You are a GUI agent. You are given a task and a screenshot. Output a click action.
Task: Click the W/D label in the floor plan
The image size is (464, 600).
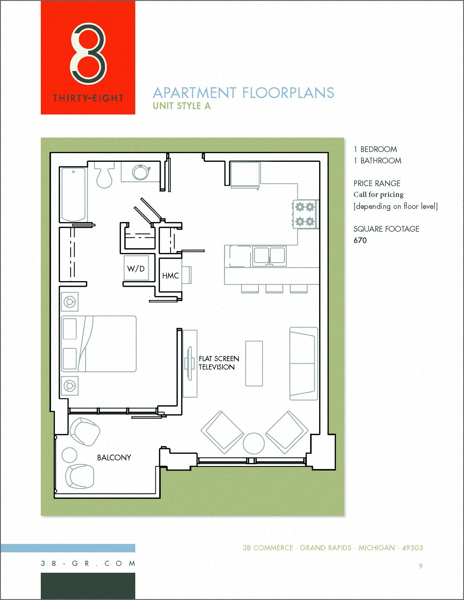136,269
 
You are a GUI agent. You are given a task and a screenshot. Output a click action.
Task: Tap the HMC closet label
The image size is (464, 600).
170,276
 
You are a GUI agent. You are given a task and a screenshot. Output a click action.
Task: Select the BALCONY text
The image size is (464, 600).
114,458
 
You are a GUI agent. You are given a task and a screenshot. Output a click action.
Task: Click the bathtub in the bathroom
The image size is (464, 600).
73,194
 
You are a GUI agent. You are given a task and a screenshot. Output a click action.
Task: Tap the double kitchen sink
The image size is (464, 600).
269,256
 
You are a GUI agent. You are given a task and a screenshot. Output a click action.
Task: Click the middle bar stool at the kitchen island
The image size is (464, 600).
274,289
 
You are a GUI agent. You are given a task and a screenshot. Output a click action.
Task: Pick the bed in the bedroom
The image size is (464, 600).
99,344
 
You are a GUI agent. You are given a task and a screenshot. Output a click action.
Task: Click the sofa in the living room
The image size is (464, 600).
303,364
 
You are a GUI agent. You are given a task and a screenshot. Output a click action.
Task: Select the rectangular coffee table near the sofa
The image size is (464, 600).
254,363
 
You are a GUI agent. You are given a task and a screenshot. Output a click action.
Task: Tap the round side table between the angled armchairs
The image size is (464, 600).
254,444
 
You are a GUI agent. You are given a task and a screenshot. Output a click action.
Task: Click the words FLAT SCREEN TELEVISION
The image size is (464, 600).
219,363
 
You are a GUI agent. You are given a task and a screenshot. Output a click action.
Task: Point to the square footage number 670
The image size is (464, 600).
360,240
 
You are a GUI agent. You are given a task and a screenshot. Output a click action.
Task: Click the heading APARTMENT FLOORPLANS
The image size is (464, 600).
243,93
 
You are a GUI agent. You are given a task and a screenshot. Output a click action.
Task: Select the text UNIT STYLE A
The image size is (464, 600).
182,106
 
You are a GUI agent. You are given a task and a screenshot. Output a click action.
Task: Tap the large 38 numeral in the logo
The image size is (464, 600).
88,54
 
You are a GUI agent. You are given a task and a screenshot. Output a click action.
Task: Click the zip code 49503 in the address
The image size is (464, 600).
412,548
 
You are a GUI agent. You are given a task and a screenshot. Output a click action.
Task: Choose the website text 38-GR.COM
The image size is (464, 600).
88,563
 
